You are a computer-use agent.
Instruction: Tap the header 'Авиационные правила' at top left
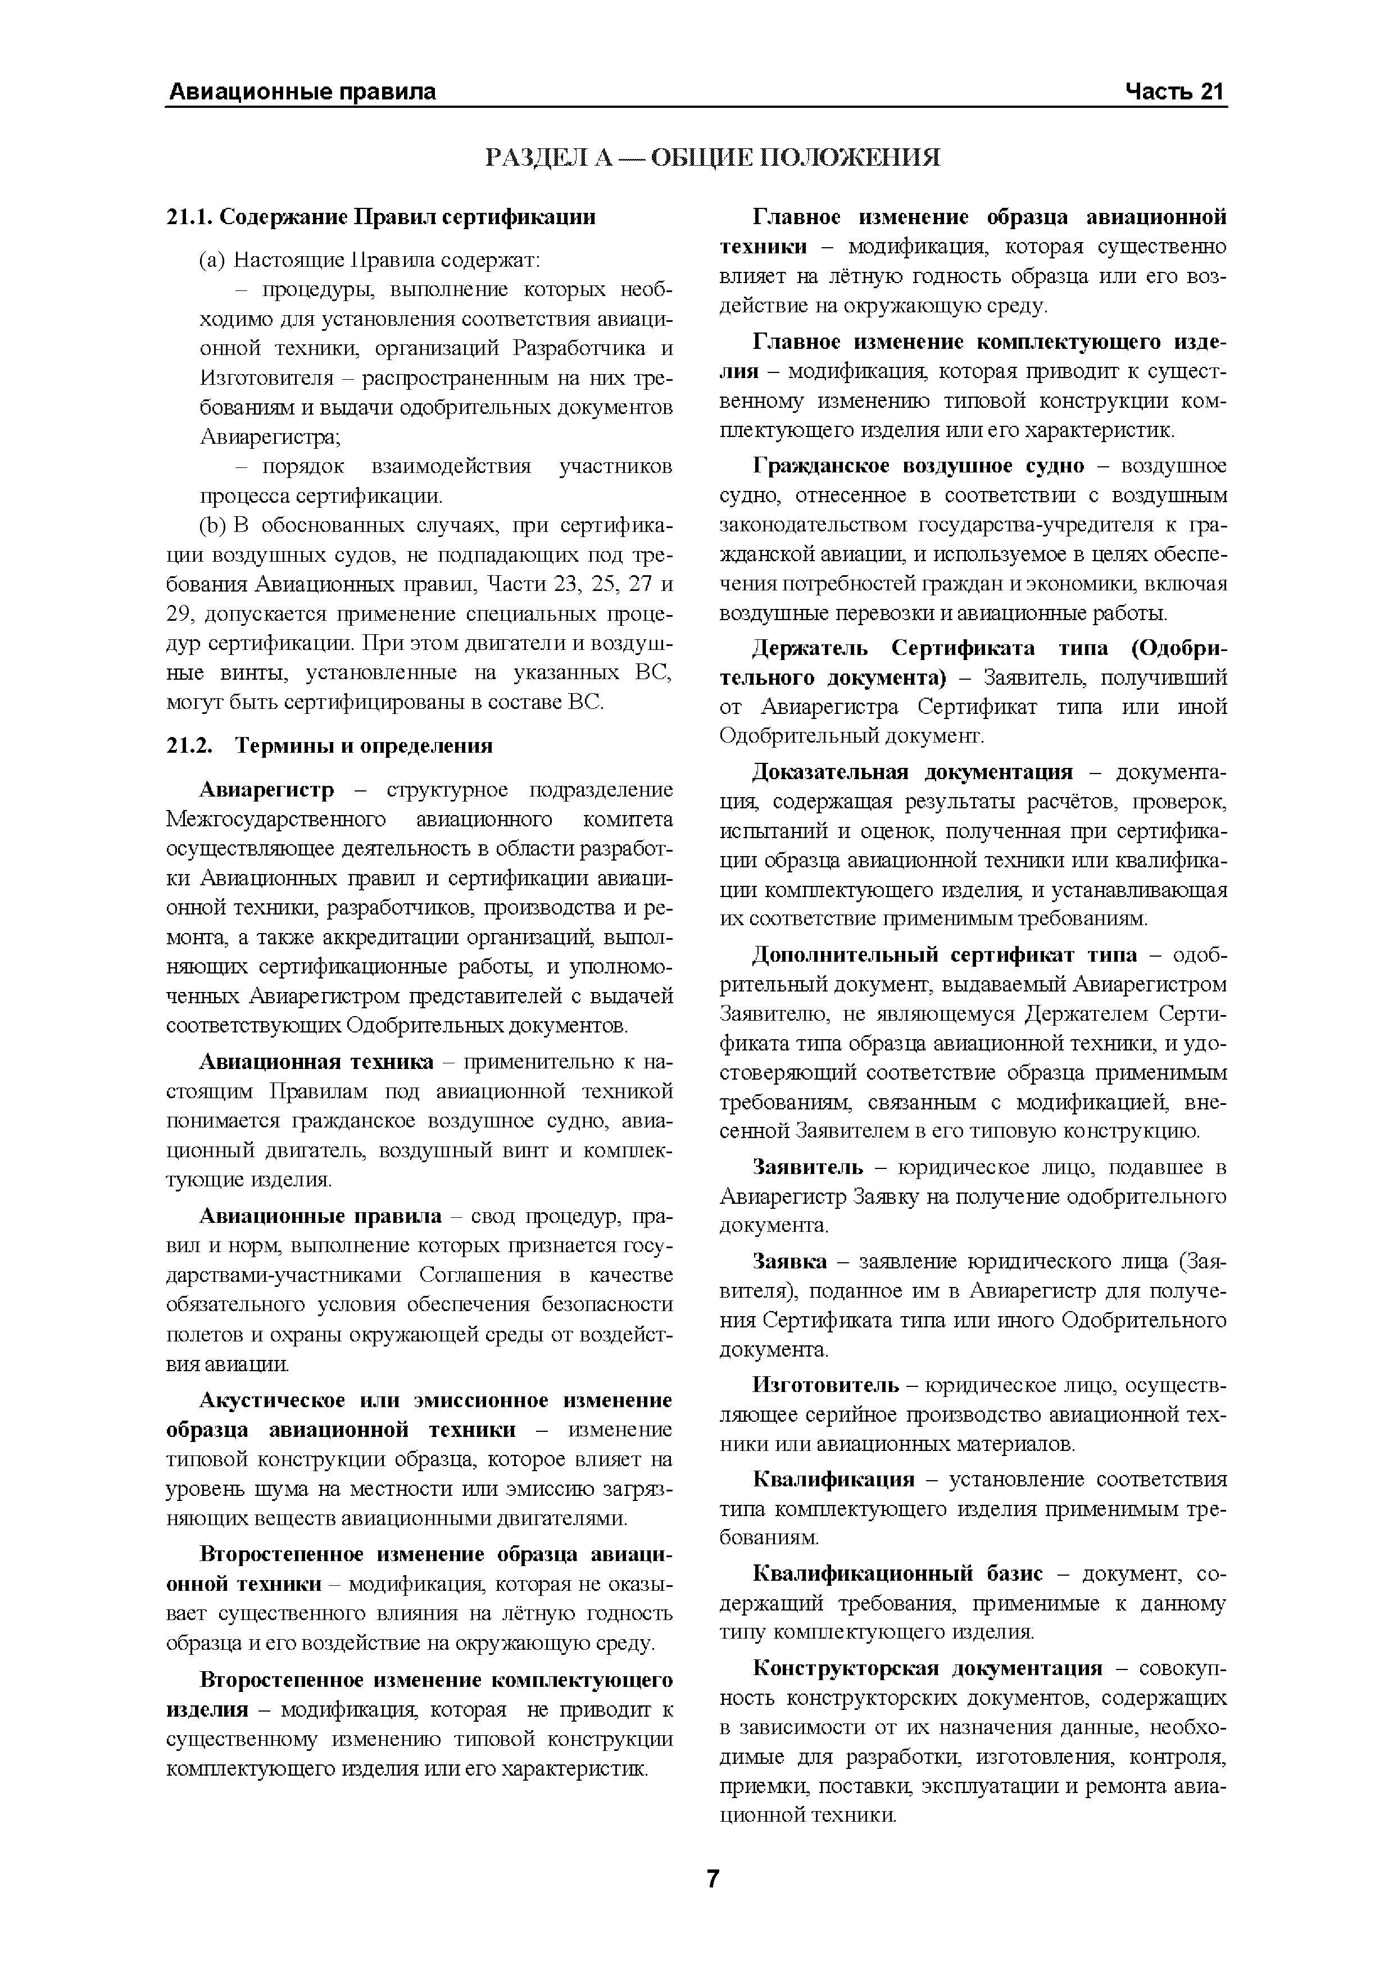(x=302, y=92)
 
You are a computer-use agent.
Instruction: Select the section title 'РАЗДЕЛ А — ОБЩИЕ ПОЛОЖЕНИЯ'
(x=713, y=157)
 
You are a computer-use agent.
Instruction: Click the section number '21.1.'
(x=189, y=217)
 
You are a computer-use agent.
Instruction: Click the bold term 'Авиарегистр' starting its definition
(x=267, y=789)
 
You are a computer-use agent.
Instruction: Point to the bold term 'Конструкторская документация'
(x=927, y=1668)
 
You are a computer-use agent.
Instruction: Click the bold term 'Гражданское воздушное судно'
(x=918, y=466)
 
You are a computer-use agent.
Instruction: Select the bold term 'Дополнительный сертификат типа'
(x=944, y=955)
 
